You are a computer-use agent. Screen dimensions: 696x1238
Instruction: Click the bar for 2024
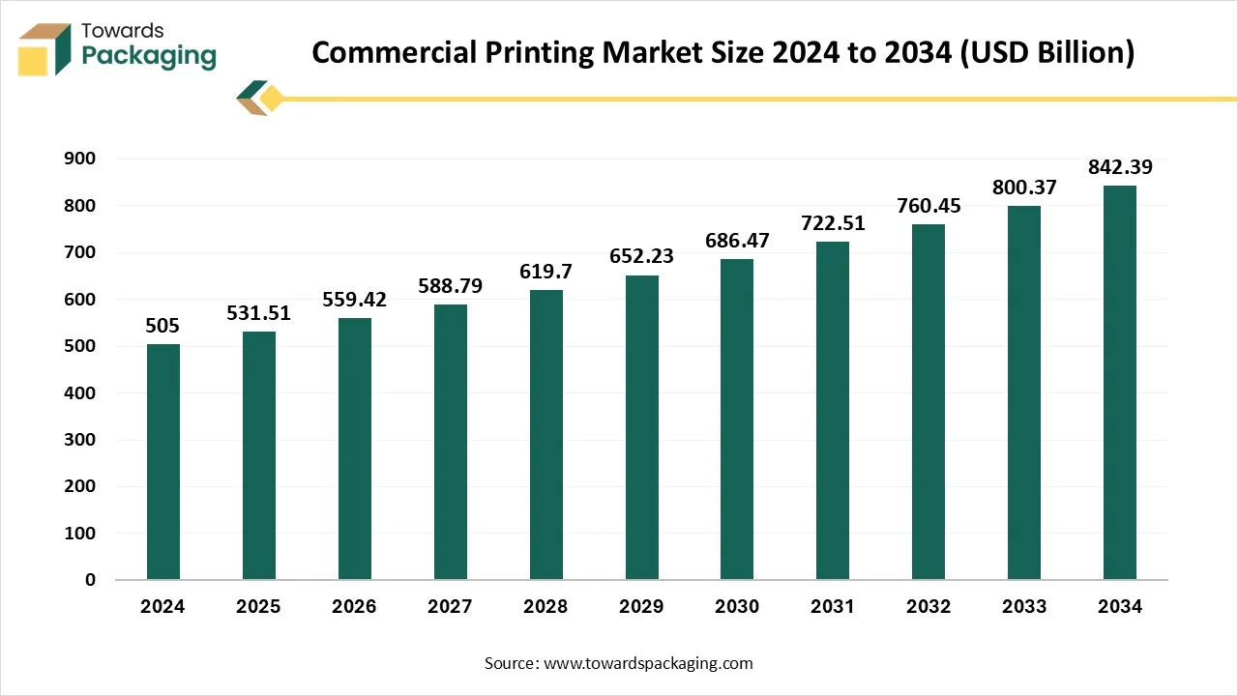point(162,462)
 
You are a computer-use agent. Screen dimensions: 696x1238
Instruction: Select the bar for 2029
point(641,427)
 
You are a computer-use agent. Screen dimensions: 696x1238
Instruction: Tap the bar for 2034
point(1120,383)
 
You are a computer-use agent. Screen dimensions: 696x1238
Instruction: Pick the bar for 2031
point(833,411)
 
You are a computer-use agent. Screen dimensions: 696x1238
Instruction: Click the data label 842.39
point(1120,167)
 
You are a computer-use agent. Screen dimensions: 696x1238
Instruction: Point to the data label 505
point(162,326)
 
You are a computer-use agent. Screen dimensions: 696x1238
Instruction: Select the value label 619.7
point(545,272)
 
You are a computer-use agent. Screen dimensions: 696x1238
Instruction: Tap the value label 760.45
point(928,206)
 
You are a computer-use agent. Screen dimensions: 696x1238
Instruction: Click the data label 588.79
point(450,286)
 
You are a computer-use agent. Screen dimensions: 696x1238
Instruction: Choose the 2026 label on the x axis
point(354,607)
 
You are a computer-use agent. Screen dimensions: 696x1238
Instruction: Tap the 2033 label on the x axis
point(1024,607)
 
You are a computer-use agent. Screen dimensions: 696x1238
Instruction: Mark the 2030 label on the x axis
point(737,607)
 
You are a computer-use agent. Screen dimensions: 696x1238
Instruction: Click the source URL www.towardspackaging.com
point(648,663)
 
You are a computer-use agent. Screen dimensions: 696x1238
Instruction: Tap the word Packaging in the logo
point(149,56)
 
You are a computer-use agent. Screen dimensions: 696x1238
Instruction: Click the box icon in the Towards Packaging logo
point(44,48)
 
